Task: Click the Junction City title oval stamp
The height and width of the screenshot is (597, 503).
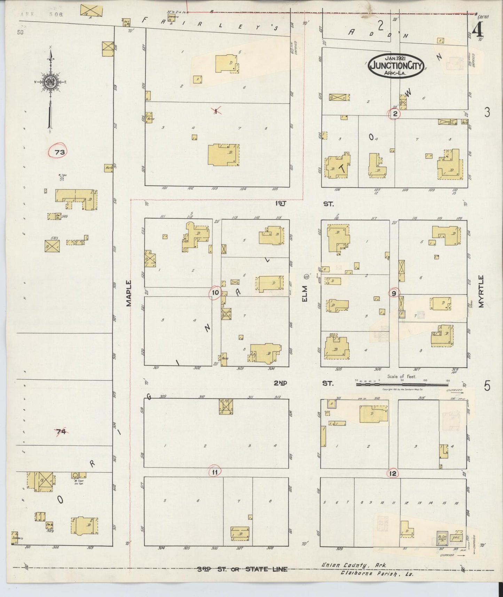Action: [x=397, y=65]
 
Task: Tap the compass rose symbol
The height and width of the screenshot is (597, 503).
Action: [x=50, y=83]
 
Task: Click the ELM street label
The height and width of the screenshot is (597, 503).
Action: [x=305, y=293]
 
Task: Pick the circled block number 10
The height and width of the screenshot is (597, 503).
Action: [x=215, y=293]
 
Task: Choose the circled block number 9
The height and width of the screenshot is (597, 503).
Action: [x=394, y=294]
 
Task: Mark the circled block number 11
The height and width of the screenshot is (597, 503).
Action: [x=215, y=472]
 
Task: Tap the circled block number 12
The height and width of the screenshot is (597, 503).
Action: [x=393, y=474]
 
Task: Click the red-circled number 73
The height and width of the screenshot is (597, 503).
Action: [x=60, y=152]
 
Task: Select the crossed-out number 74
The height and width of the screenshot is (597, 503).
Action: [x=61, y=432]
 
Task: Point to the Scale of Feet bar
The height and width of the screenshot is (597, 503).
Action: [x=402, y=385]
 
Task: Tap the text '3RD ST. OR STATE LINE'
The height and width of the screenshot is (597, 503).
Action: [x=242, y=569]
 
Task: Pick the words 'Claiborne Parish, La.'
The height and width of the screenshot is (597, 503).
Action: [x=377, y=573]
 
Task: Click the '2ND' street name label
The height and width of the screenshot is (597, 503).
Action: [x=280, y=383]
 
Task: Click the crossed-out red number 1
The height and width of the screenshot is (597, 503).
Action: [x=217, y=111]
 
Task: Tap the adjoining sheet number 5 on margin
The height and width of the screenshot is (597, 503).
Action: [x=487, y=386]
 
